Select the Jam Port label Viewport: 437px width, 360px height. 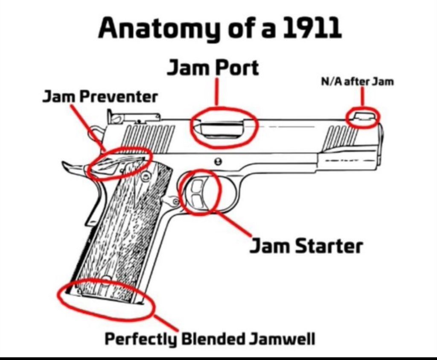pos(213,68)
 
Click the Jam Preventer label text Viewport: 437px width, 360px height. pos(100,97)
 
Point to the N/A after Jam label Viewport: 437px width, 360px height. pos(357,81)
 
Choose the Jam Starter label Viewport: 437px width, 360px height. pos(306,246)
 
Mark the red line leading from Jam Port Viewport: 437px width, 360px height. pos(217,92)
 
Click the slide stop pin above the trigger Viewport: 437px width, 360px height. pos(219,161)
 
